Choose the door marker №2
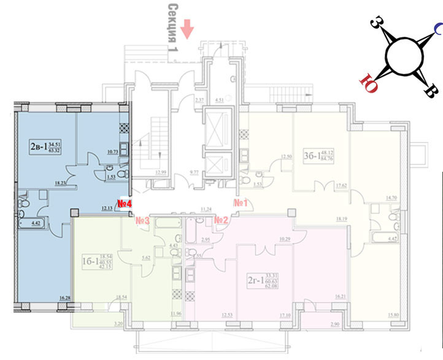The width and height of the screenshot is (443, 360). click(x=221, y=219)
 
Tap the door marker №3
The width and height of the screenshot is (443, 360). click(x=144, y=220)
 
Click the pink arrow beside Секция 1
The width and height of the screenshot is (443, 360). click(x=188, y=28)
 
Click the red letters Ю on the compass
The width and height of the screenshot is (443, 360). click(x=370, y=81)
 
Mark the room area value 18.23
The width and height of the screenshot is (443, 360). click(x=60, y=182)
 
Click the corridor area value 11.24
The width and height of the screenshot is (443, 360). click(x=206, y=209)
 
